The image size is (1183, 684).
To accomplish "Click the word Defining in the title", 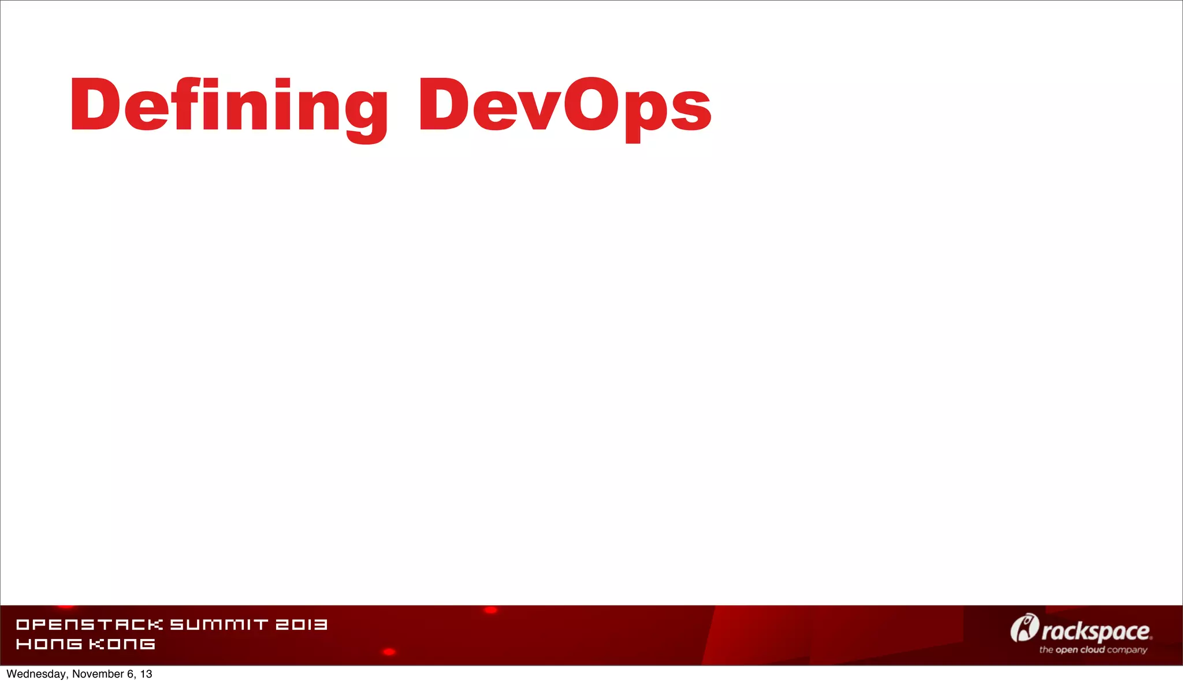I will click(x=228, y=106).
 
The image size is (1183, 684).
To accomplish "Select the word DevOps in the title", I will click(x=565, y=106).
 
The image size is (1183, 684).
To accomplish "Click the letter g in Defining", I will click(x=367, y=113).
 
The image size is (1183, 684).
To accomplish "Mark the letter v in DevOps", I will click(x=537, y=110).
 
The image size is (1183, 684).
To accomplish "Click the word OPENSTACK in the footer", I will click(x=90, y=624).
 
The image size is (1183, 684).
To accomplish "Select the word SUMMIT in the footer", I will click(x=219, y=624).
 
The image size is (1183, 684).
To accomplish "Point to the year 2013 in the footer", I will click(x=301, y=624).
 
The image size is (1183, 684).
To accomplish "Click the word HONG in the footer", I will click(x=49, y=644).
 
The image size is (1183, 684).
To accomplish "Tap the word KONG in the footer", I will click(x=122, y=644).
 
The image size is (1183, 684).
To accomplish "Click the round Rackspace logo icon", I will click(x=1024, y=628).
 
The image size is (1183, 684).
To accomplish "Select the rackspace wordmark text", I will click(x=1096, y=631).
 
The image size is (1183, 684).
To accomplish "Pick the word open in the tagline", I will click(x=1067, y=650).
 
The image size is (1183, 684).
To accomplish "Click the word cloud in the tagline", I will click(x=1092, y=649).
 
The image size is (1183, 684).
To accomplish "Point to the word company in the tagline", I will click(x=1127, y=650).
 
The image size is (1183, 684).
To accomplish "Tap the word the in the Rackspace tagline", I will click(x=1046, y=650).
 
